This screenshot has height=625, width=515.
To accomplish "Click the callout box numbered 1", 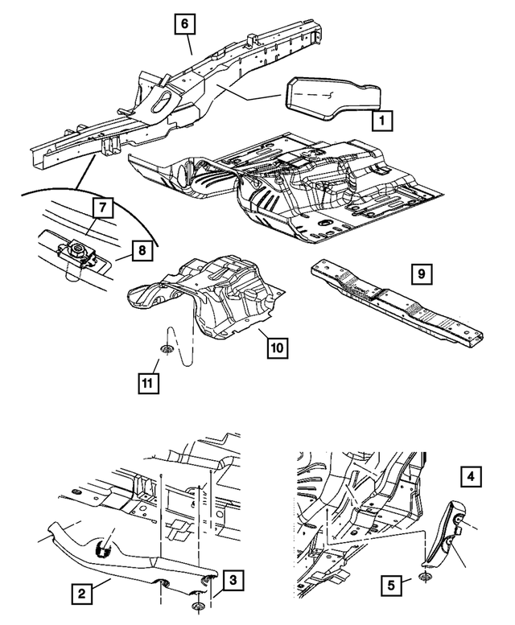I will [382, 121].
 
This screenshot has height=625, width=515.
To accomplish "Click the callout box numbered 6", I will [185, 25].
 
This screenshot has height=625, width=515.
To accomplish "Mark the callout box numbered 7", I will [101, 208].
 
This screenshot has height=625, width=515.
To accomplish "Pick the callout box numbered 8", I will [140, 250].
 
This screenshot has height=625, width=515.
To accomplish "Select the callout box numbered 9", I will [420, 275].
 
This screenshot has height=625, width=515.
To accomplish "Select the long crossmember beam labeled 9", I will [398, 302].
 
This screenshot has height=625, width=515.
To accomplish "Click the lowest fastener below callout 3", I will [198, 606].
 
